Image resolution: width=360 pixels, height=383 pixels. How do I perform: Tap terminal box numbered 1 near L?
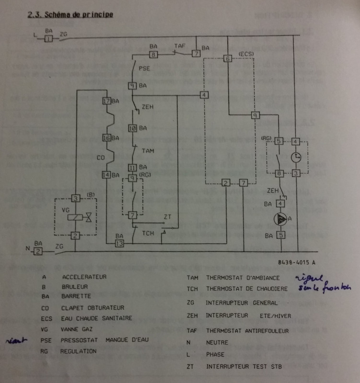click(48, 39)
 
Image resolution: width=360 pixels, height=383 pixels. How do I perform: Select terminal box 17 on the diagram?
click(106, 101)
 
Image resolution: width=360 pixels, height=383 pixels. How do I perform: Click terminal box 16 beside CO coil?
click(106, 138)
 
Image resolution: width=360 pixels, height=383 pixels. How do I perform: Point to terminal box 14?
click(106, 175)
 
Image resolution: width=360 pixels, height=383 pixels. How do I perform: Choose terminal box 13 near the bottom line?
click(120, 244)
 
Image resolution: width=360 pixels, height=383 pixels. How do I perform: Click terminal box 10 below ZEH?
click(133, 128)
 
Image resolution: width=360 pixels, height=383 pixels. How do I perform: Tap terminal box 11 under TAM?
click(133, 167)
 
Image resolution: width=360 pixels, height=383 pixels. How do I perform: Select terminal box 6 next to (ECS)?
click(228, 58)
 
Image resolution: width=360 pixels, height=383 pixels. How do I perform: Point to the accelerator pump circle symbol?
click(281, 219)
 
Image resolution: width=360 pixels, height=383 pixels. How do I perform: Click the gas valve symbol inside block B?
click(88, 217)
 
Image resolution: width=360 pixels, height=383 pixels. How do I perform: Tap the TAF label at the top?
click(179, 46)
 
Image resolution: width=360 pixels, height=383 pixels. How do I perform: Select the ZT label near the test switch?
click(167, 217)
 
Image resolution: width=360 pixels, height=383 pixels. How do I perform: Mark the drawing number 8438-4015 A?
click(296, 262)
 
